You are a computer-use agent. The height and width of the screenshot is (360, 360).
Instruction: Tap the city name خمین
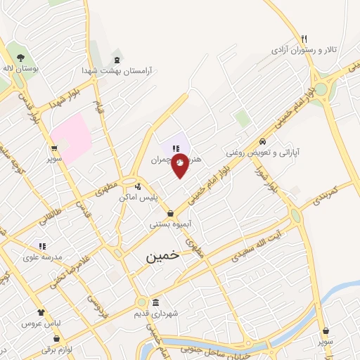click(x=163, y=257)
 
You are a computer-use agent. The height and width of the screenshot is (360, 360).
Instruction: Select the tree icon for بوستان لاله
click(x=19, y=58)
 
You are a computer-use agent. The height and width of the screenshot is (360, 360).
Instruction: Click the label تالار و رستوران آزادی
click(x=305, y=51)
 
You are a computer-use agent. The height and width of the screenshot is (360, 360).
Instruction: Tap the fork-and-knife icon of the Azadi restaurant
click(x=304, y=39)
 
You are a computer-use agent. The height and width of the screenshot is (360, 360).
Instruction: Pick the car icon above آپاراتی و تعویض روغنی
click(x=263, y=140)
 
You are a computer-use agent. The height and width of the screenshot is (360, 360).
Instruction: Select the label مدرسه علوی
click(x=42, y=257)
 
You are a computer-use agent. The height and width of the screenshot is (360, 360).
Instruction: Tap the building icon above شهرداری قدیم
click(x=155, y=302)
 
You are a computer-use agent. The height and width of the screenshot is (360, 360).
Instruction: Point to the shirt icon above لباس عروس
click(x=40, y=311)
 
